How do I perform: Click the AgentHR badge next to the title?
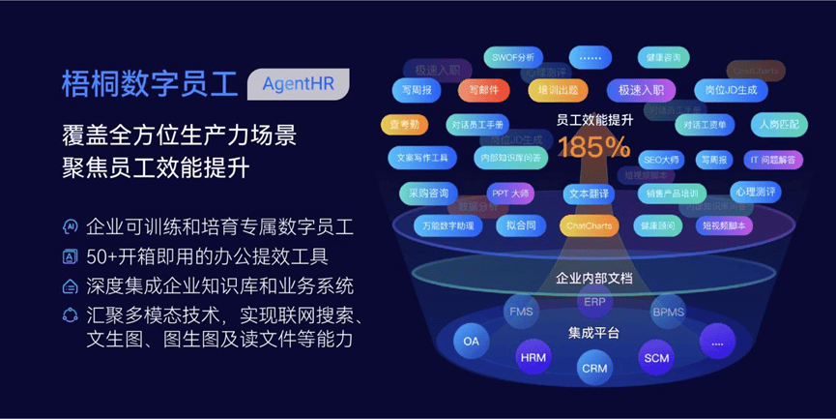point(298,83)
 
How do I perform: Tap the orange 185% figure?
point(593,148)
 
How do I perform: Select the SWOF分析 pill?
point(512,57)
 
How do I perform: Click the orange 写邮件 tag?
point(484,90)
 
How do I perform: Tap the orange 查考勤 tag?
point(405,124)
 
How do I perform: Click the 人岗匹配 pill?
point(779,124)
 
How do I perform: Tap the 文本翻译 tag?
point(589,193)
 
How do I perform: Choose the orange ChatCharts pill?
point(589,225)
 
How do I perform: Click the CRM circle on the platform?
point(593,368)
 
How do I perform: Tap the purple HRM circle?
point(533,357)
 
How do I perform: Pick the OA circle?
point(472,341)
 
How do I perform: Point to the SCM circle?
point(655,357)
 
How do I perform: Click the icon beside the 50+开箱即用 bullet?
point(70,256)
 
